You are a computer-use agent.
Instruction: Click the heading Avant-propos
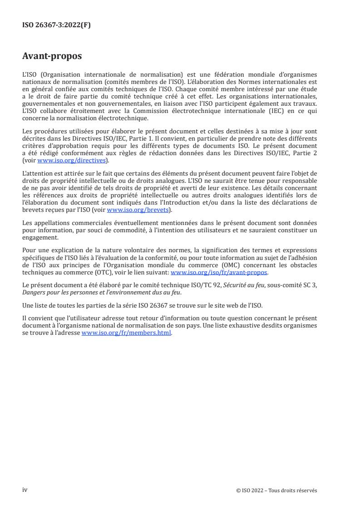tap(52, 56)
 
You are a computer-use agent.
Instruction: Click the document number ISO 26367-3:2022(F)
tap(56, 25)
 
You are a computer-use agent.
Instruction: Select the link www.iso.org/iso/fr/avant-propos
tap(219, 273)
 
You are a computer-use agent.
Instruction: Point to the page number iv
tap(25, 490)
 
